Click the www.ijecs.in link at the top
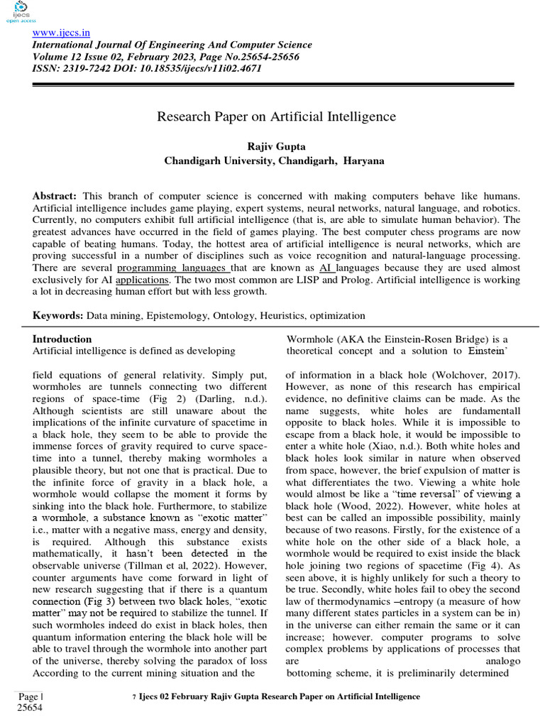(x=60, y=33)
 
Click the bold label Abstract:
(x=55, y=195)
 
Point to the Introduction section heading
(x=62, y=339)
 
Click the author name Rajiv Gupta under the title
(x=274, y=146)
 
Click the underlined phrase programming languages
(x=172, y=268)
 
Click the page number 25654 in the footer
(x=29, y=708)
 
